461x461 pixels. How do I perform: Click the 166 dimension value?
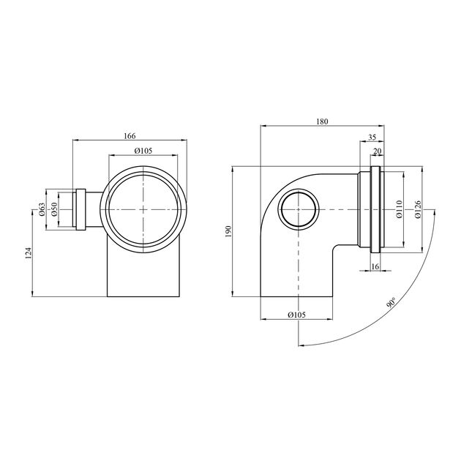130,136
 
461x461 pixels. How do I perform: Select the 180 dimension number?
322,121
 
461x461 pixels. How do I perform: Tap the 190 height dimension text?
229,231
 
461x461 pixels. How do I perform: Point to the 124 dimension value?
29,253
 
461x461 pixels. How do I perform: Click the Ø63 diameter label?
42,209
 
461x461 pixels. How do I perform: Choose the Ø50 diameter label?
54,209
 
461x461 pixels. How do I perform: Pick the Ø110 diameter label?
399,209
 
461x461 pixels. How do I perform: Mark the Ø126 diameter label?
418,209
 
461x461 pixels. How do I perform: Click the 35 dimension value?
372,137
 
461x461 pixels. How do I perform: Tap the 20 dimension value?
377,151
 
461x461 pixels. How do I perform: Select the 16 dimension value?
375,266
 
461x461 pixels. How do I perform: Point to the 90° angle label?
391,303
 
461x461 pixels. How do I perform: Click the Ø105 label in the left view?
143,151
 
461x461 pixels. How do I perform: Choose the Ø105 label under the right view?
297,315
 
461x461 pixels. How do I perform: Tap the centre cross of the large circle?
143,209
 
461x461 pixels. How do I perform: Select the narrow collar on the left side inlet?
80,209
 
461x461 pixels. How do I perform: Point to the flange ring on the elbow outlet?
375,209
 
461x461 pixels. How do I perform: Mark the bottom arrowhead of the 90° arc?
301,345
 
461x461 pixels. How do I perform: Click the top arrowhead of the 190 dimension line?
233,169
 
